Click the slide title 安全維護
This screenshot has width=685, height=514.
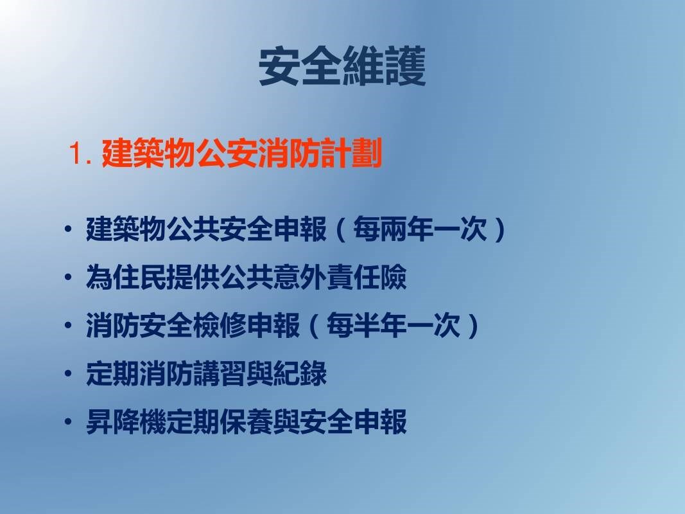(x=342, y=66)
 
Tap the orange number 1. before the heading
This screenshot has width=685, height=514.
(x=80, y=154)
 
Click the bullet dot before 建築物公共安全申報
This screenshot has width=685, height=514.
(x=67, y=229)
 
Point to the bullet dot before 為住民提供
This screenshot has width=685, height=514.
(x=67, y=277)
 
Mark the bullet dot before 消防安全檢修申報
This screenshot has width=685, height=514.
(x=67, y=325)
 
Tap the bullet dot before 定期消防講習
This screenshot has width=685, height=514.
(x=67, y=373)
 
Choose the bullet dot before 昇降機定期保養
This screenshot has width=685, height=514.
(x=67, y=421)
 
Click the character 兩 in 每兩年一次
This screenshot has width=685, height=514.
(x=393, y=229)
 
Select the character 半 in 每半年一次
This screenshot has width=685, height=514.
(x=367, y=325)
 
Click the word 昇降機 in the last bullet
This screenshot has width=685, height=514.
(x=126, y=421)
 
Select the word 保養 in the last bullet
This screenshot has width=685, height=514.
(x=247, y=421)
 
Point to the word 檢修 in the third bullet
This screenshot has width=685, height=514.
(x=220, y=325)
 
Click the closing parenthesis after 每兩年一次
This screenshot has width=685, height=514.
(x=499, y=229)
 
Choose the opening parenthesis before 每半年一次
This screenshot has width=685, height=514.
(x=314, y=325)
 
